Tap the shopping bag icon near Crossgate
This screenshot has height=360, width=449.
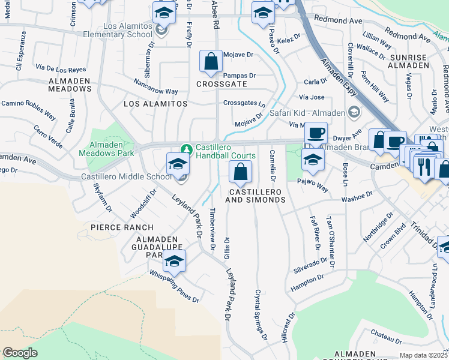tap(211, 62)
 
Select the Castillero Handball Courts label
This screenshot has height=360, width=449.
tap(226, 155)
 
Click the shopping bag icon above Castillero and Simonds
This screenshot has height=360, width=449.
tap(240, 172)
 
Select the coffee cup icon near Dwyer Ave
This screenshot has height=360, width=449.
tap(316, 133)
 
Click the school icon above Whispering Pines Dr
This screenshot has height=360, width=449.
tap(174, 261)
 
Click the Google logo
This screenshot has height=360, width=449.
tap(20, 353)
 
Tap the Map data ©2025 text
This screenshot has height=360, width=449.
tap(423, 355)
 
